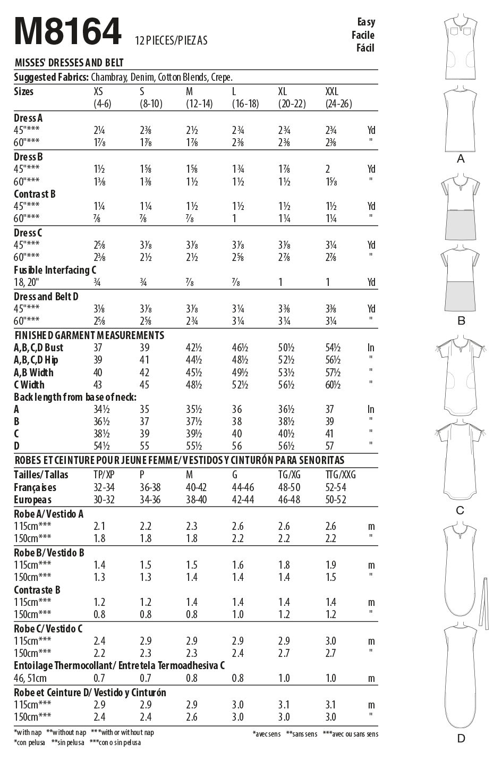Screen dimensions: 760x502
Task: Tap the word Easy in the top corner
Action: coord(365,22)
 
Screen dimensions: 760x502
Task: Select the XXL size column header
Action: coord(331,91)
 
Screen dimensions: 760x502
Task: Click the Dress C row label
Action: coord(28,233)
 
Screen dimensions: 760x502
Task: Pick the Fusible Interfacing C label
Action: coord(52,270)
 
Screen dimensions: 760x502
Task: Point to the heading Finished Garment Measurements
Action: coord(89,335)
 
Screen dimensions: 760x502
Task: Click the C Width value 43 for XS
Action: coord(98,385)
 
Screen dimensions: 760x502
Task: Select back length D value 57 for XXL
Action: coord(330,446)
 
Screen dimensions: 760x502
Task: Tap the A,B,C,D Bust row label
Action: coord(38,348)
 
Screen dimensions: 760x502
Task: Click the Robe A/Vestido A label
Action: coord(48,514)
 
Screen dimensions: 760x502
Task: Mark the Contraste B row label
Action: coord(37,589)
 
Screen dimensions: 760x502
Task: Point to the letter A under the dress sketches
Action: coord(461,159)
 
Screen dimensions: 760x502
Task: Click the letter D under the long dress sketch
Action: coord(461,738)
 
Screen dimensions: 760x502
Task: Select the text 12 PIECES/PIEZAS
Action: coord(171,40)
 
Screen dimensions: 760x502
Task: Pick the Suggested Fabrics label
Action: coord(51,77)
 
